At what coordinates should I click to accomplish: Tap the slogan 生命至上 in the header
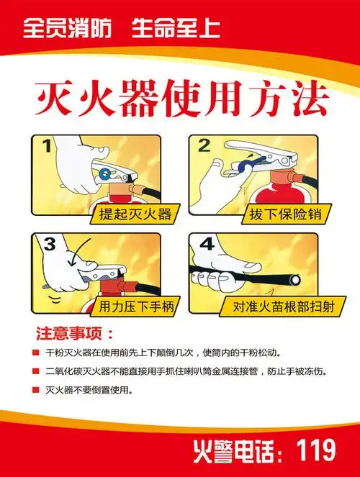pos(175,29)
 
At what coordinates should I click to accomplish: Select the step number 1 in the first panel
pos(46,147)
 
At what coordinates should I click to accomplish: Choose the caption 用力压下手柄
pos(128,306)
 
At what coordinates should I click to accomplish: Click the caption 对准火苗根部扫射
pos(274,306)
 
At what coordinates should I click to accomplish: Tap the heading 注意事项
pos(74,335)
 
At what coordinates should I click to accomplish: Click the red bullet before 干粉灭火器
pos(35,354)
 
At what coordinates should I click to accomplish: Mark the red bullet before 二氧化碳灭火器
pos(35,372)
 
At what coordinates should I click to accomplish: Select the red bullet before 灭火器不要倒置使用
pos(35,390)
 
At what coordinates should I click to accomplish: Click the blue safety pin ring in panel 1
pos(107,173)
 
